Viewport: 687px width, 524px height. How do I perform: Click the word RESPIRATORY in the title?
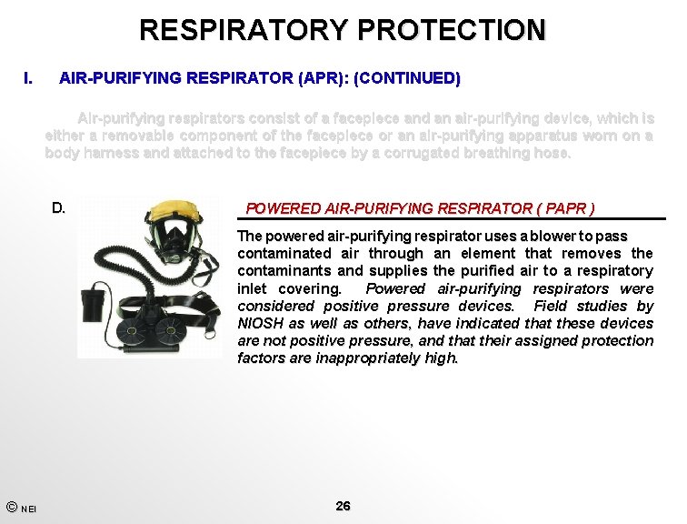pyautogui.click(x=243, y=30)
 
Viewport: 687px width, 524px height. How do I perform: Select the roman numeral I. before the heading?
pyautogui.click(x=29, y=78)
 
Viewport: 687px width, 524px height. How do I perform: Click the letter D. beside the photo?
pyautogui.click(x=58, y=207)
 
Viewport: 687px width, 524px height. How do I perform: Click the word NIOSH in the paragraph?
pyautogui.click(x=260, y=323)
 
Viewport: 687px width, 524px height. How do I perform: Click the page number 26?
pyautogui.click(x=343, y=506)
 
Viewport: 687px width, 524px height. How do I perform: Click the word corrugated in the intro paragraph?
pyautogui.click(x=411, y=153)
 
